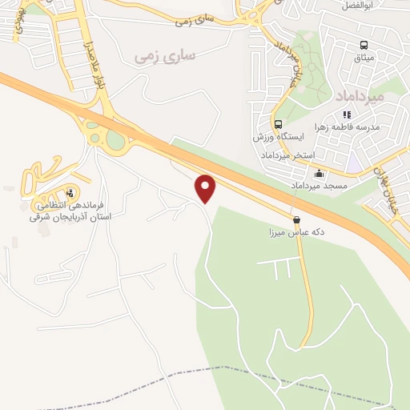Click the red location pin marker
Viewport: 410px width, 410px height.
click(x=206, y=188)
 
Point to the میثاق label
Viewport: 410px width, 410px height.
click(x=364, y=58)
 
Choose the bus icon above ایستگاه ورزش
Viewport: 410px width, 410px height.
click(x=278, y=125)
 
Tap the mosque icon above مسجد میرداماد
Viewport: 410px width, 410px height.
click(x=320, y=174)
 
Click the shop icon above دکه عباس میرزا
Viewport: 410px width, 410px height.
click(x=297, y=219)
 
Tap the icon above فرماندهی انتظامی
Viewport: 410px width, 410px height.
click(x=70, y=192)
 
